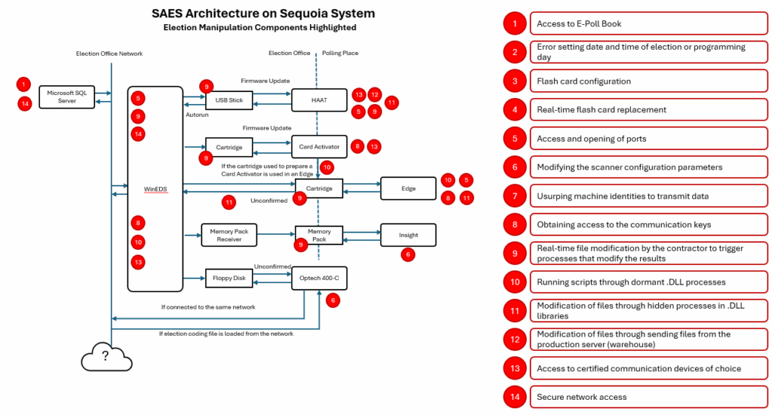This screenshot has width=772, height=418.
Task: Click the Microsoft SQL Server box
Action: tap(67, 97)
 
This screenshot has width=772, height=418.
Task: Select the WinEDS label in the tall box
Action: tap(155, 190)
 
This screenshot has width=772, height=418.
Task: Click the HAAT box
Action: tap(319, 99)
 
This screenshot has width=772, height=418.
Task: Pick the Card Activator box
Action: tap(319, 146)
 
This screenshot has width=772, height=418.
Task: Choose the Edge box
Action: tap(409, 188)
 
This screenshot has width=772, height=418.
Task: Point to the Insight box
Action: tap(409, 235)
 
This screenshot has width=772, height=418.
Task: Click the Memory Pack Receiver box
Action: tap(229, 236)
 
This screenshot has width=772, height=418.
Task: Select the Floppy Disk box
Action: tap(229, 278)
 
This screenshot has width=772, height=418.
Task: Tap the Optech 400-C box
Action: tap(319, 278)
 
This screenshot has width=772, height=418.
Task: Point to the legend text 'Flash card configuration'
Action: tap(573, 81)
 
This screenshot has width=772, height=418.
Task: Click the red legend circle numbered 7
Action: tap(515, 196)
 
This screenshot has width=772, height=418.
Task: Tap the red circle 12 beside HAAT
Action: tap(375, 95)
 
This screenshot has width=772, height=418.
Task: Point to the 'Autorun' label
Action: tap(197, 115)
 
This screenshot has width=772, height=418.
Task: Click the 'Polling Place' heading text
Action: tap(341, 53)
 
